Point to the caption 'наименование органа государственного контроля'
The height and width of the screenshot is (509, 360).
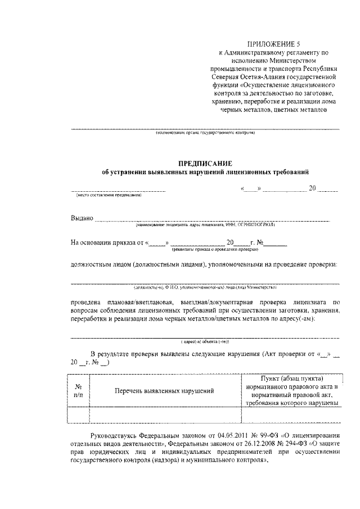coord(205,133)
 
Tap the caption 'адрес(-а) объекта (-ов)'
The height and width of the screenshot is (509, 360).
coord(205,341)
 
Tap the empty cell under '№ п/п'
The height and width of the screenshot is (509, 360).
coord(79,415)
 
